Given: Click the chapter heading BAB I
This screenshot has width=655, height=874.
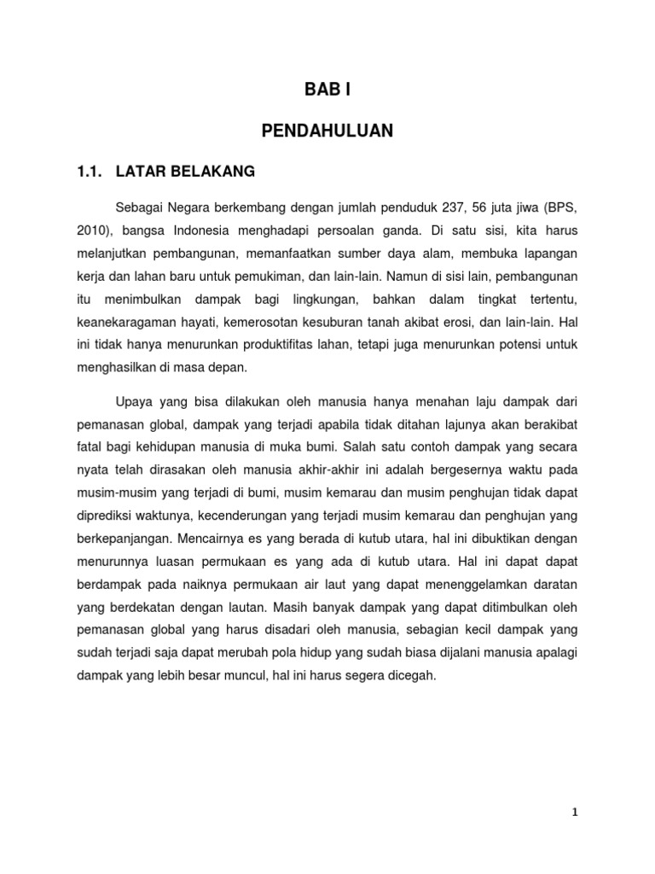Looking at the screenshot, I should (327, 90).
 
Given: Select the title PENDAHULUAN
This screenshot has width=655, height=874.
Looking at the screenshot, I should (327, 131).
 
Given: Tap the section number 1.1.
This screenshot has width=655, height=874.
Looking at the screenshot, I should (90, 172).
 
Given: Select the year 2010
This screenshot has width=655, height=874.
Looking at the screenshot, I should (92, 231).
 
